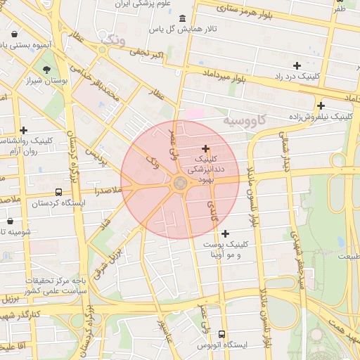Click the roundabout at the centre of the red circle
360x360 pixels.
pos(180,183)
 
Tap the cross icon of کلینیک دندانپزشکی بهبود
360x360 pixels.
pos(205,148)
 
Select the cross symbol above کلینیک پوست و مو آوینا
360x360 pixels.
pos(225,233)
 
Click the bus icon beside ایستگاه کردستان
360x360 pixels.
pos(58,192)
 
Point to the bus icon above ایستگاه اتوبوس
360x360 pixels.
pos(222,334)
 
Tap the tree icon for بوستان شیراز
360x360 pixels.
pos(46,70)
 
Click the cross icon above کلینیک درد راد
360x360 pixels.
pos(297,65)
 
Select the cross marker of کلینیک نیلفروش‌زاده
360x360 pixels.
pos(321,105)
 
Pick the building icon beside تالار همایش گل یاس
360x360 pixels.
pos(183,18)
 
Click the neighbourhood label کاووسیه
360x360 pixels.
pos(247,120)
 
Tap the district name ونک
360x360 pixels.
pos(112,41)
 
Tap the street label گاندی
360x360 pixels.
pos(212,209)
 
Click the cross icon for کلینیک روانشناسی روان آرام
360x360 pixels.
pos(24,130)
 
